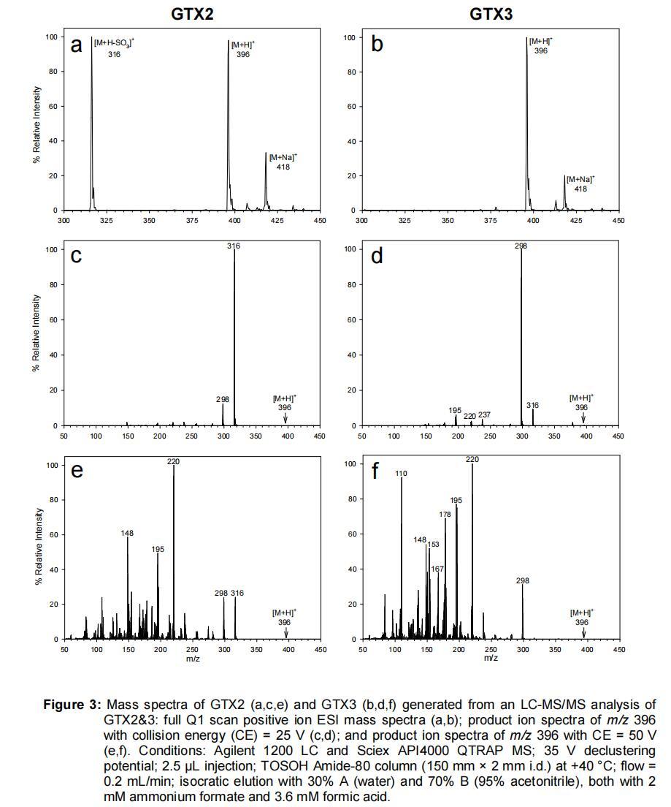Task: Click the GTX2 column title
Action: point(192,13)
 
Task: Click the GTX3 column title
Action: point(490,13)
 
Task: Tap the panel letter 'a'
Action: point(76,46)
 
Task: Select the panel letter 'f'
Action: point(375,471)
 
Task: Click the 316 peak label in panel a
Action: point(113,55)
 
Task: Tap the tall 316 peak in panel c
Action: point(234,336)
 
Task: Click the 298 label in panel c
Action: point(222,400)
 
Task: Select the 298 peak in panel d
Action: point(521,336)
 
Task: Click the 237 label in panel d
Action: point(484,415)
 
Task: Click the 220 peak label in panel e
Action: point(173,461)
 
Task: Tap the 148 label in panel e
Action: point(127,534)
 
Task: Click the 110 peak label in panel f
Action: point(401,474)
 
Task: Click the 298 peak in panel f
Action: point(523,610)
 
